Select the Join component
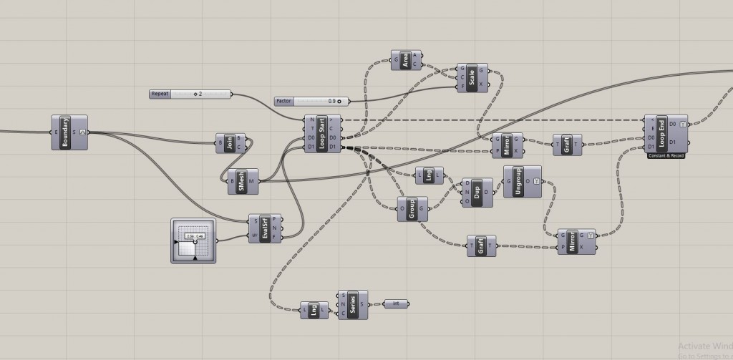230,143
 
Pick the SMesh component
242,181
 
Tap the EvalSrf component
265,228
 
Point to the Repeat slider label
160,94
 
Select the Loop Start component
321,132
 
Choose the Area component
405,60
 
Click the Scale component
472,77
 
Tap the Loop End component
663,132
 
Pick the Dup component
477,193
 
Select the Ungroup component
518,182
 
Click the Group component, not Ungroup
412,209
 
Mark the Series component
352,305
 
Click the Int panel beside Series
396,304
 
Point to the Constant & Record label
666,155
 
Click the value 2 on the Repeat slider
200,94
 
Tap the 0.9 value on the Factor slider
331,102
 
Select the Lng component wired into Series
314,310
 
